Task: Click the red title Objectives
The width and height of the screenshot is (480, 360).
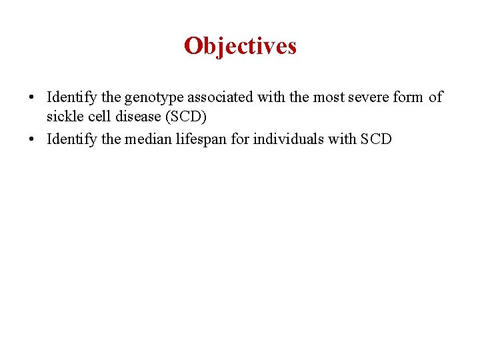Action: pos(240,46)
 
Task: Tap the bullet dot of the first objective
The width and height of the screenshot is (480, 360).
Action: pos(32,98)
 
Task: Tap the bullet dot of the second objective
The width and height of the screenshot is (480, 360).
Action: pos(32,139)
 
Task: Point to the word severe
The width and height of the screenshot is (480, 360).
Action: pos(357,97)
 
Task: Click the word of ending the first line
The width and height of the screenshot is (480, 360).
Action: pos(435,97)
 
